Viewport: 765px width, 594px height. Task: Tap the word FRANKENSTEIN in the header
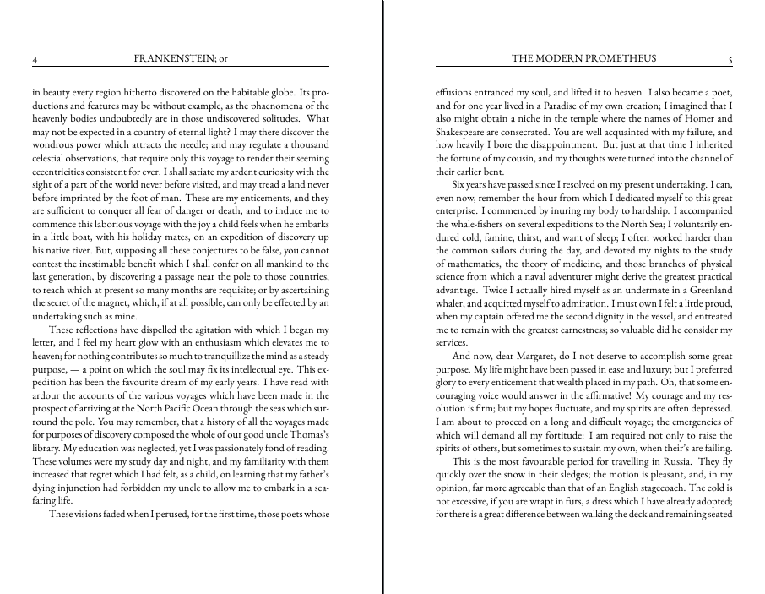click(175, 58)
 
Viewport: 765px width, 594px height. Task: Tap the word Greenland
click(704, 290)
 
